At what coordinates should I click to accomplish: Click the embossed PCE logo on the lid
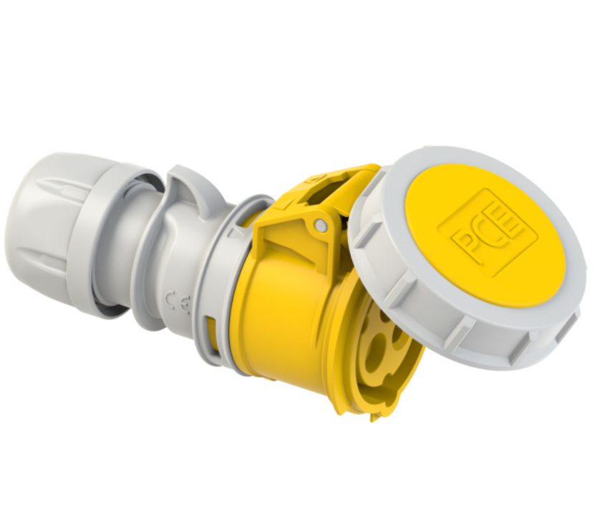(x=487, y=233)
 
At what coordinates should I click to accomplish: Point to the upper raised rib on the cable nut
(x=57, y=188)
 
